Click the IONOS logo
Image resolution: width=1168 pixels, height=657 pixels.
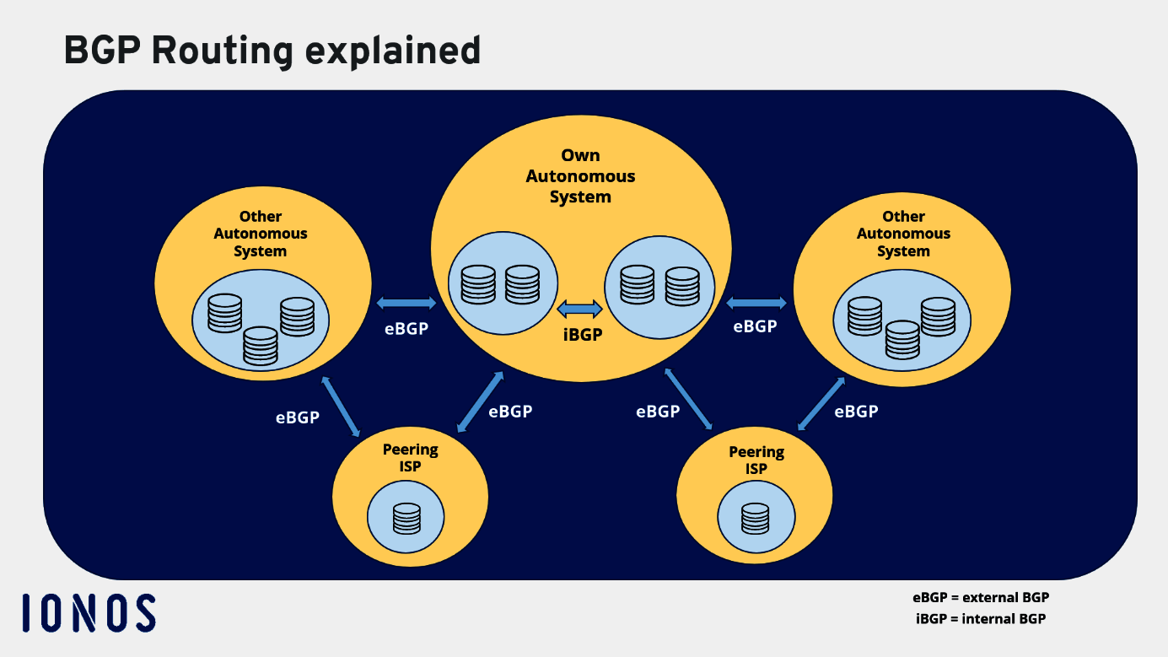pos(89,612)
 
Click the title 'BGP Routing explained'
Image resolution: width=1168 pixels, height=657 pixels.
pos(272,51)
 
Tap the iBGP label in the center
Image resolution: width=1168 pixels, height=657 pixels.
pos(583,334)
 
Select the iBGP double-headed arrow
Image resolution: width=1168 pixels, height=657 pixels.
pos(580,308)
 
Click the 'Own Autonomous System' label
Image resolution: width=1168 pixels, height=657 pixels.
pos(580,176)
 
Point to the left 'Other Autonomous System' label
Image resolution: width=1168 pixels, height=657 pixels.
pos(261,234)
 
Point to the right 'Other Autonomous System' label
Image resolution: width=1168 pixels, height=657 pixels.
pos(903,234)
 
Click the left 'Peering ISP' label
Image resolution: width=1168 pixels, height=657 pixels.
pos(411,458)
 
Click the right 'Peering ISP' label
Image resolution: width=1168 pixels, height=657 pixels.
pos(756,460)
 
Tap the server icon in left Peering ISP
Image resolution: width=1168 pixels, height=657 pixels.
pos(406,518)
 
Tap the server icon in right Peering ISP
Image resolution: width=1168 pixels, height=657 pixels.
pos(755,518)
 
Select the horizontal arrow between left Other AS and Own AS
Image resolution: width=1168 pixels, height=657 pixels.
pos(406,302)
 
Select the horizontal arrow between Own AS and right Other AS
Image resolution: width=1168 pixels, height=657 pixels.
pos(756,302)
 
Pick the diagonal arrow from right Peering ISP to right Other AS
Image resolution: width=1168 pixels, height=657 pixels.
pos(821,403)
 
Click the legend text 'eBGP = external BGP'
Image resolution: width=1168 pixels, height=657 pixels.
pos(981,597)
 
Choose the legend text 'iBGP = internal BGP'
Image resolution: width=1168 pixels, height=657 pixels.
pos(981,618)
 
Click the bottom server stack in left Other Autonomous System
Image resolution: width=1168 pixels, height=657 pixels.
pos(260,345)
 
